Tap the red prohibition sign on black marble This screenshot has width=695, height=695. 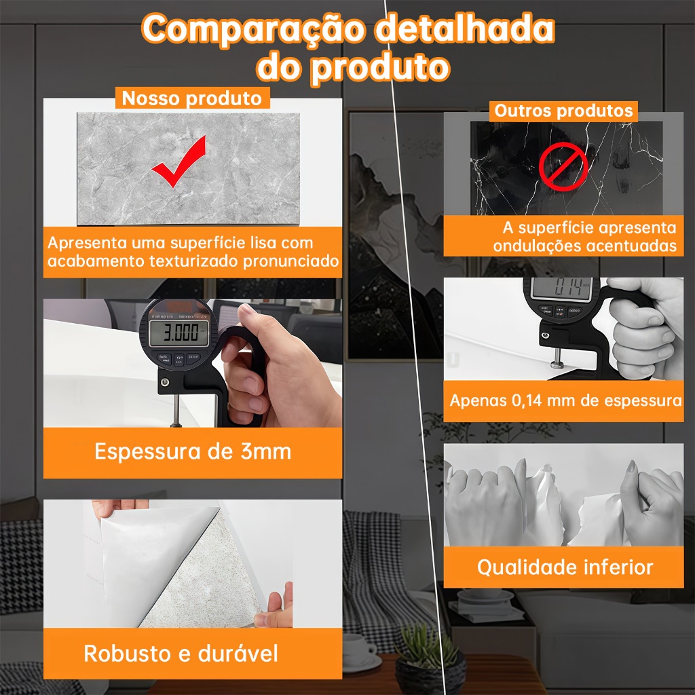[x=563, y=167]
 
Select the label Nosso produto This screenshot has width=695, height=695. [x=192, y=98]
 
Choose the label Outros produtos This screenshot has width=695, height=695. [x=563, y=111]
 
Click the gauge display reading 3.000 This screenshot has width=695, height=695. [x=179, y=333]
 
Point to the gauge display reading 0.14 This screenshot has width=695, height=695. [x=561, y=288]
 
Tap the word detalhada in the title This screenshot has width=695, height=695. [x=465, y=29]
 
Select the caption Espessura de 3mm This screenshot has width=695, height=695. [x=193, y=451]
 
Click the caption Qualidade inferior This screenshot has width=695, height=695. [x=565, y=567]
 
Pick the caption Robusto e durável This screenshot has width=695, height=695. [x=181, y=654]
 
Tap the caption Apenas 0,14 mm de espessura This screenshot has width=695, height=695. [x=565, y=400]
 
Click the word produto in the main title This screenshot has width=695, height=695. [x=379, y=68]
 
